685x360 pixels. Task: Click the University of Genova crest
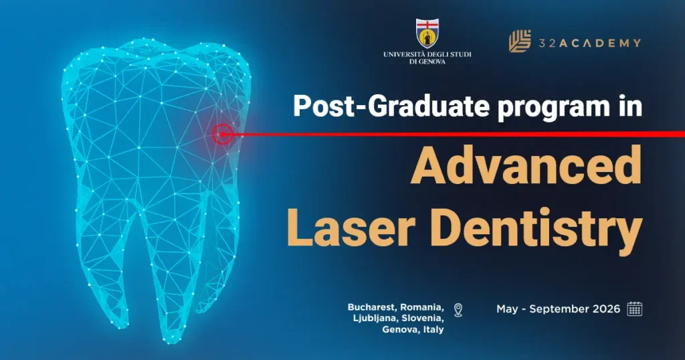(x=427, y=33)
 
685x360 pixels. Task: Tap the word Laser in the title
(x=355, y=226)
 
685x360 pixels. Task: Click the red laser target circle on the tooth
(x=222, y=134)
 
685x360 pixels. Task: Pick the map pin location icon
(x=458, y=309)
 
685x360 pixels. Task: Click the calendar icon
(x=634, y=308)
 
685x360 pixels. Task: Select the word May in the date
(x=506, y=309)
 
